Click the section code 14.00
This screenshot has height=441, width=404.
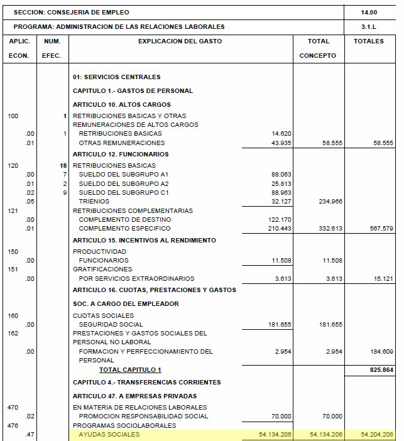[369, 12]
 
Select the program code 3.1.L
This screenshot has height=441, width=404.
[369, 27]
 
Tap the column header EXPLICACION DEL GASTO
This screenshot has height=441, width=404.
[180, 41]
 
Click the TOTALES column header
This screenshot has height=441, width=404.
[369, 41]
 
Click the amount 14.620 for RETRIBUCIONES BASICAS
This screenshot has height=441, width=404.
[281, 134]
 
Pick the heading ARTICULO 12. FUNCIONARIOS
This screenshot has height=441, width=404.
[121, 155]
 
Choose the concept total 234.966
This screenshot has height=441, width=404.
[330, 201]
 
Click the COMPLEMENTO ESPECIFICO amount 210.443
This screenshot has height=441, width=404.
[279, 229]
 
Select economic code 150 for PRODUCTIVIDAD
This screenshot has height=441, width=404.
[13, 251]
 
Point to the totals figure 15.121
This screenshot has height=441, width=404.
[381, 278]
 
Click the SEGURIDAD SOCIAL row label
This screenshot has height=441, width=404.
[107, 324]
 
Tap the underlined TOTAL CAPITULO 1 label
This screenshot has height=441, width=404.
[130, 370]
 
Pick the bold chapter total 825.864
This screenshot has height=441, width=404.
[380, 370]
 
